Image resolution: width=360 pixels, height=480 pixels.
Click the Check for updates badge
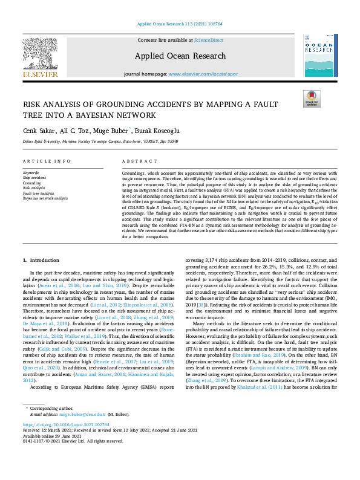coord(312,99)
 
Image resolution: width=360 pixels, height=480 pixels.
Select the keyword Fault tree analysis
coord(38,193)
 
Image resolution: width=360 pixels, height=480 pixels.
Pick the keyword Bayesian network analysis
coord(45,198)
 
